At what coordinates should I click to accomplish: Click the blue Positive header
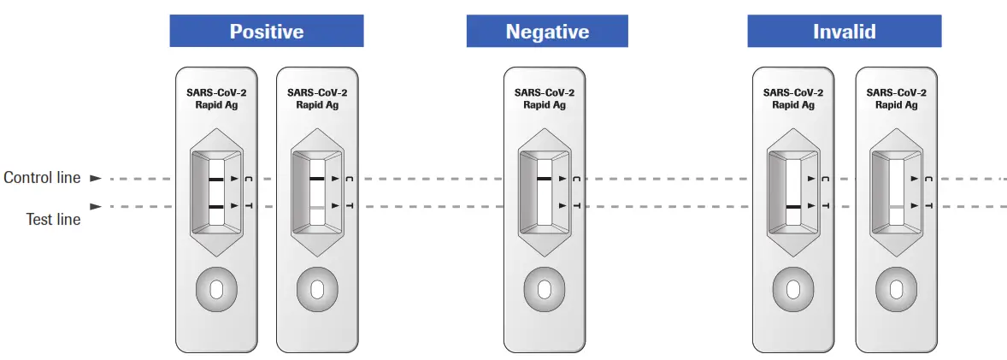266,32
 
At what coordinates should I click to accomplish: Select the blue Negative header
547,32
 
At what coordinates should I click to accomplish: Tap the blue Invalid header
844,32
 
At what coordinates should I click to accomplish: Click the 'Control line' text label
42,178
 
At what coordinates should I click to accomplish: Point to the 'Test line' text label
53,219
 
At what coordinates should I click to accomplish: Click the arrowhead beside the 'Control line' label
96,179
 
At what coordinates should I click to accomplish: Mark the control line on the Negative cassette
545,179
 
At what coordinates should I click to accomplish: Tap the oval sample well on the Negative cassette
544,290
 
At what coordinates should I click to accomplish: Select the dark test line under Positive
215,207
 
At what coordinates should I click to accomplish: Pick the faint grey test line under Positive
317,207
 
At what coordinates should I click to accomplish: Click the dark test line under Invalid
793,207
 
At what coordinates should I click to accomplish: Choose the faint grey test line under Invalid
896,207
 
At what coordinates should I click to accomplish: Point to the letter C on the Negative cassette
577,179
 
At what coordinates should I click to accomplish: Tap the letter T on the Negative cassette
577,206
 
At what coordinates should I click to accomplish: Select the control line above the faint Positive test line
317,179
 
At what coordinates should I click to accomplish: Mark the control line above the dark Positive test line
215,179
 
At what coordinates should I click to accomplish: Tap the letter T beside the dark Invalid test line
826,206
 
